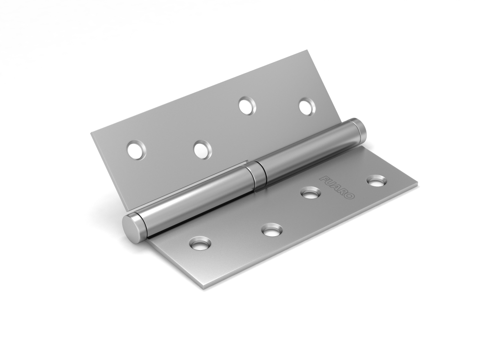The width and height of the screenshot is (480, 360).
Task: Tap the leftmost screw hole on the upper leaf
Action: tap(136, 150)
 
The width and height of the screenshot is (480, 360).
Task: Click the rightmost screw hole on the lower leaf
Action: tap(376, 181)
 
